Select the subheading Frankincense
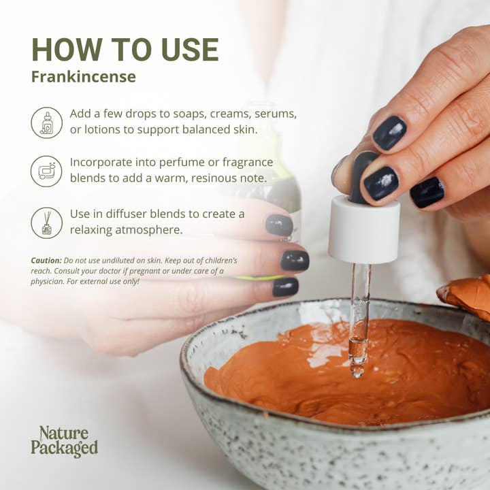pos(83,77)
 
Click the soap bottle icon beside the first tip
pos(46,123)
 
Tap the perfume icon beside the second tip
pos(46,171)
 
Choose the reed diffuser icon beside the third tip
pos(46,223)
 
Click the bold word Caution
pos(46,261)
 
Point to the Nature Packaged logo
pos(64,441)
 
